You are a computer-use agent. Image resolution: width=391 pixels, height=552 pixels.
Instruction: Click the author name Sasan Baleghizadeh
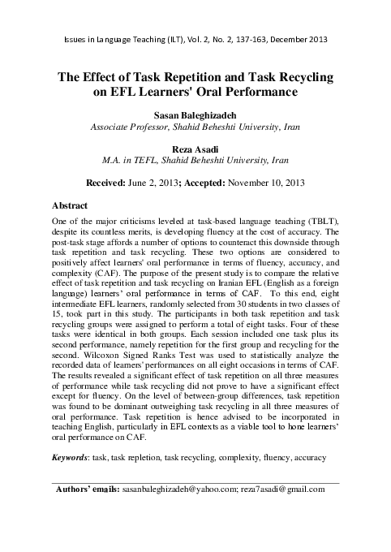coord(195,116)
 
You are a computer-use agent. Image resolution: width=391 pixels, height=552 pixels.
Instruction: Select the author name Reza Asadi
coord(195,149)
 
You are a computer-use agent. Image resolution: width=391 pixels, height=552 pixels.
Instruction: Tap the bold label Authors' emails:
coord(85,489)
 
